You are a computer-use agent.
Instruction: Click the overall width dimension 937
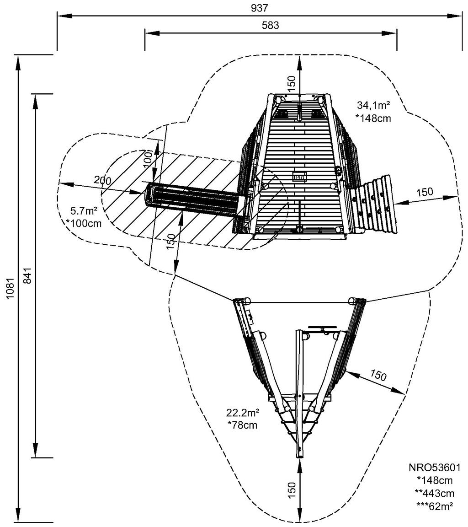pos(259,8)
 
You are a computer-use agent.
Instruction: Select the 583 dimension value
pos(271,25)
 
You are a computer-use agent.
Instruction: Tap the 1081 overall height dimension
pos(10,289)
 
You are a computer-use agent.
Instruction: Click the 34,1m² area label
pos(373,107)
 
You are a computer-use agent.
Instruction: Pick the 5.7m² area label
pos(84,211)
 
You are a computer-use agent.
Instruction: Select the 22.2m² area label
pos(242,413)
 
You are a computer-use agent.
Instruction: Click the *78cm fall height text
pos(242,425)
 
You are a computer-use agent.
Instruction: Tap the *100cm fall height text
pos(84,224)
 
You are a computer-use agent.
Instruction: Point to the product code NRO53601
pos(434,468)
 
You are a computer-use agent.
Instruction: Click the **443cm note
pos(434,493)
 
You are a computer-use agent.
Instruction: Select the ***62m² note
pos(434,506)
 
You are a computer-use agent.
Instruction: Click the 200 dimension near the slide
pos(102,180)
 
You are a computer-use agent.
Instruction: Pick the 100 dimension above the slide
pos(147,158)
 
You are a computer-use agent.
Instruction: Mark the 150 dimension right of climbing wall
pos(425,192)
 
